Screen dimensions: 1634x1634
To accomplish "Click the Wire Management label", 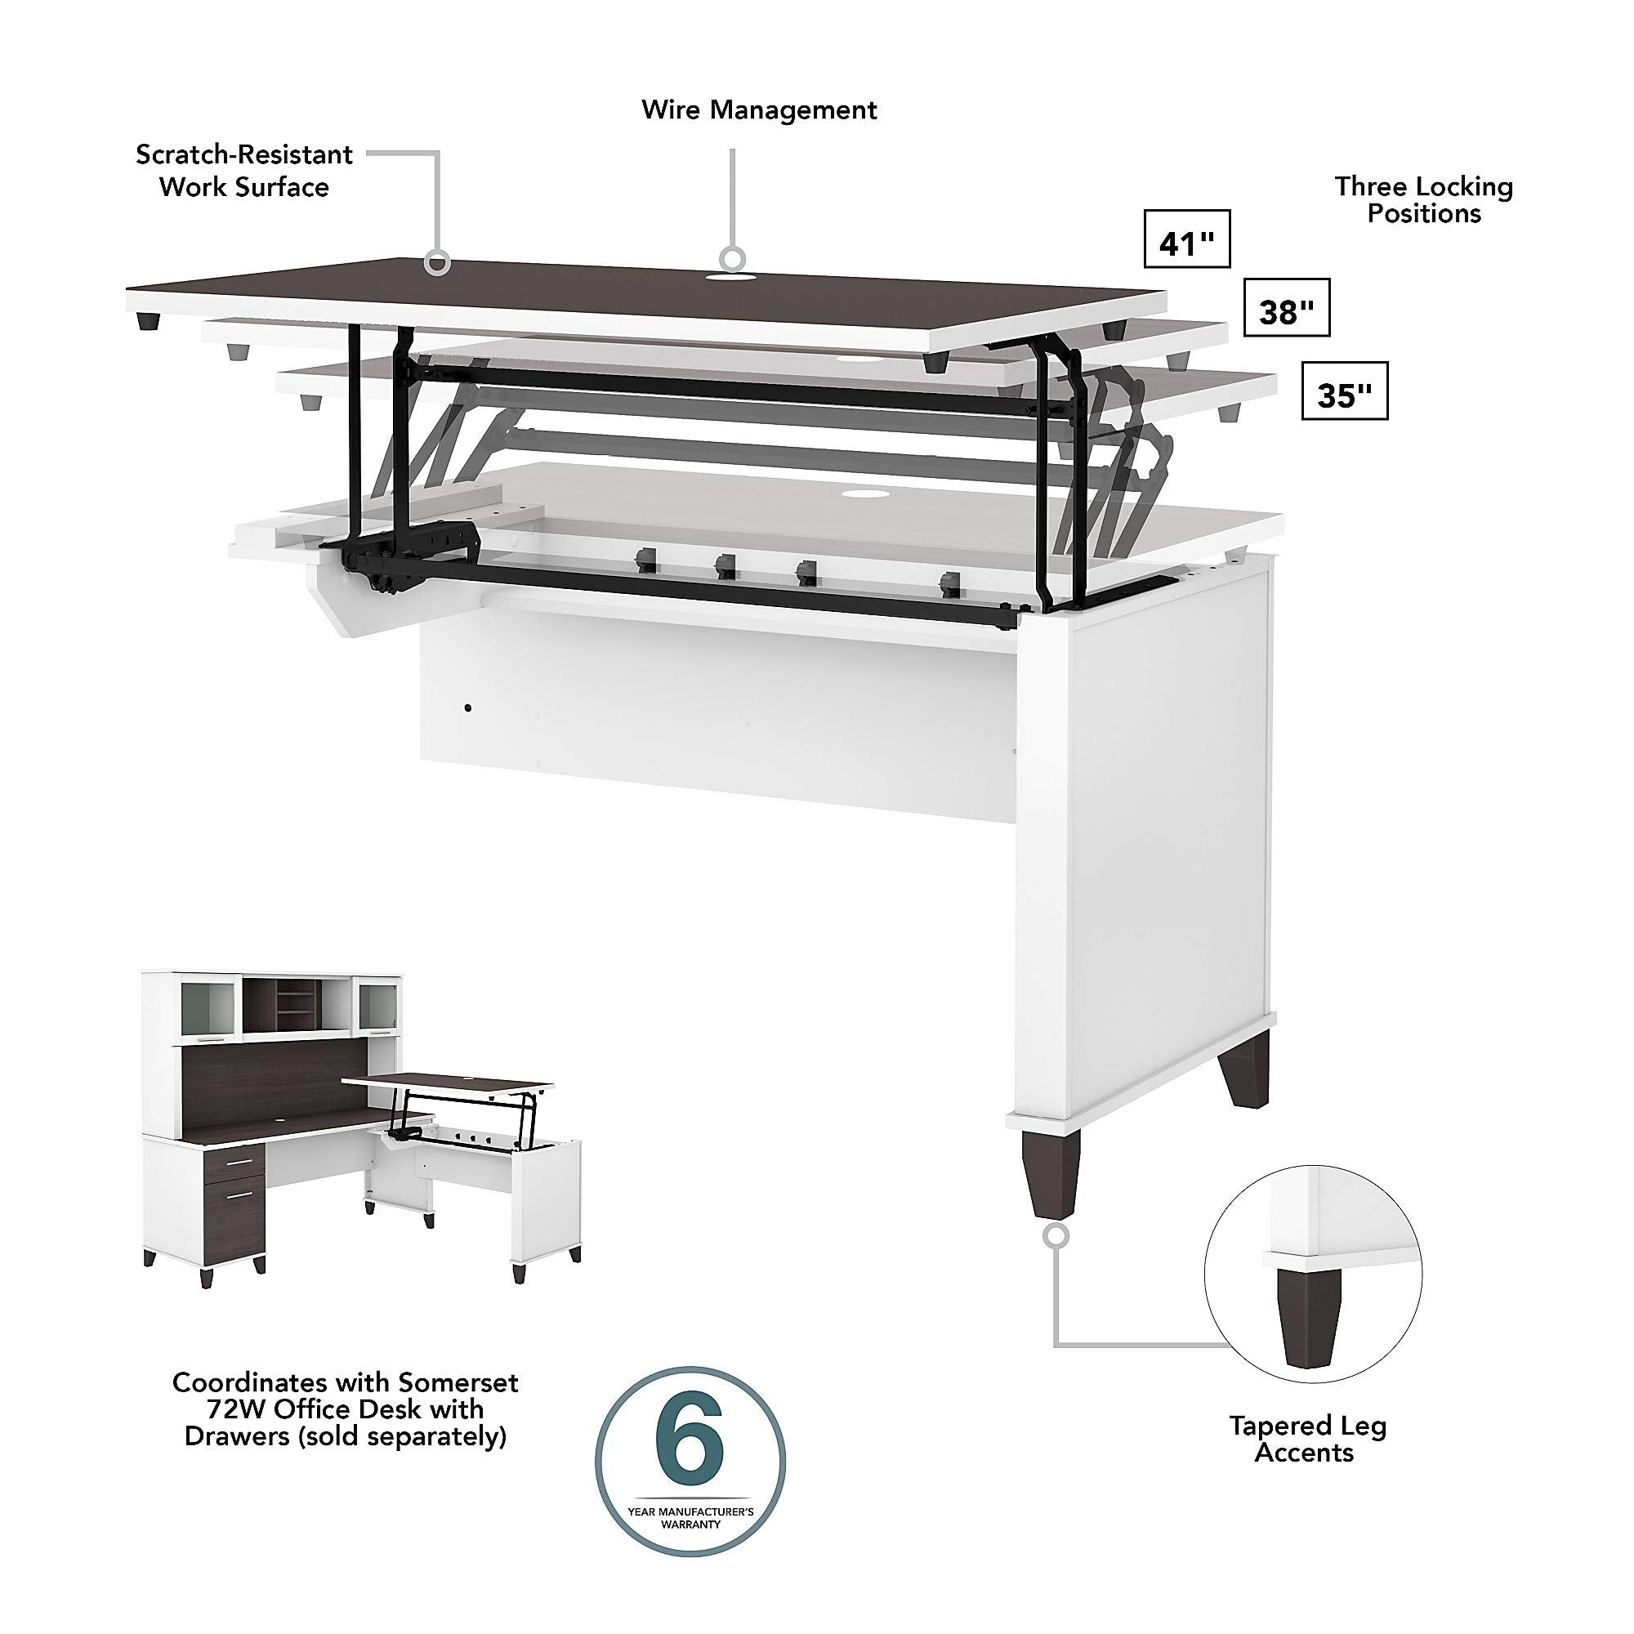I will [x=759, y=110].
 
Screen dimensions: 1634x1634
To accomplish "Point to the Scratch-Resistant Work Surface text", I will [x=243, y=171].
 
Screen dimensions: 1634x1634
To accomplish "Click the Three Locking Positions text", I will [x=1423, y=199].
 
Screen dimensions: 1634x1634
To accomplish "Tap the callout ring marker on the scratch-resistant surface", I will [x=436, y=261].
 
